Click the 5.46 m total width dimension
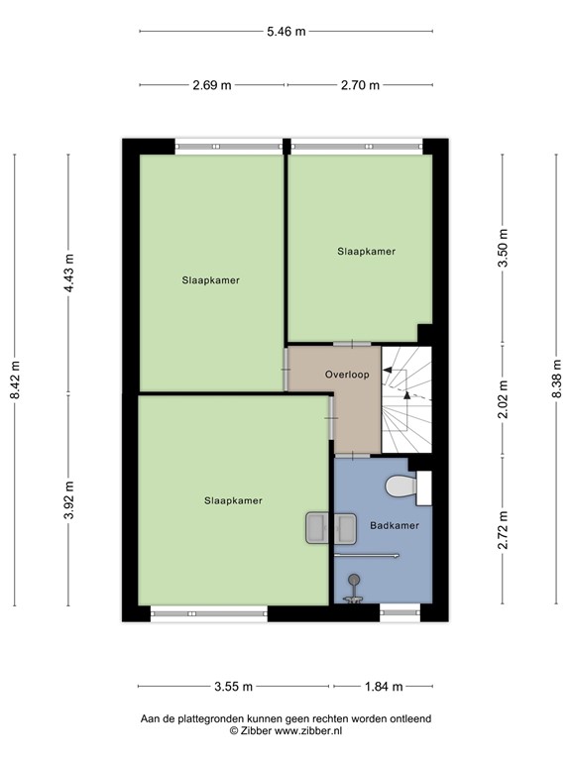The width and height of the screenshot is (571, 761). (x=285, y=32)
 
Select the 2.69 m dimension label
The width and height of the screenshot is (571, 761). (x=212, y=85)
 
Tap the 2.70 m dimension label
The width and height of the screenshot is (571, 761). (x=360, y=85)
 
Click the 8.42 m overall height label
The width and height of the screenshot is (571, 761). (x=14, y=380)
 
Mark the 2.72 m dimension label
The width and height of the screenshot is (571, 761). (x=503, y=529)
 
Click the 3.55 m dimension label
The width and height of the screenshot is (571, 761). (x=233, y=686)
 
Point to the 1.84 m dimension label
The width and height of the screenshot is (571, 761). (x=385, y=686)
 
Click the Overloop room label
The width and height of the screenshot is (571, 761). (x=347, y=376)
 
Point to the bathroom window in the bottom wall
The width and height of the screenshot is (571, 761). (x=400, y=614)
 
